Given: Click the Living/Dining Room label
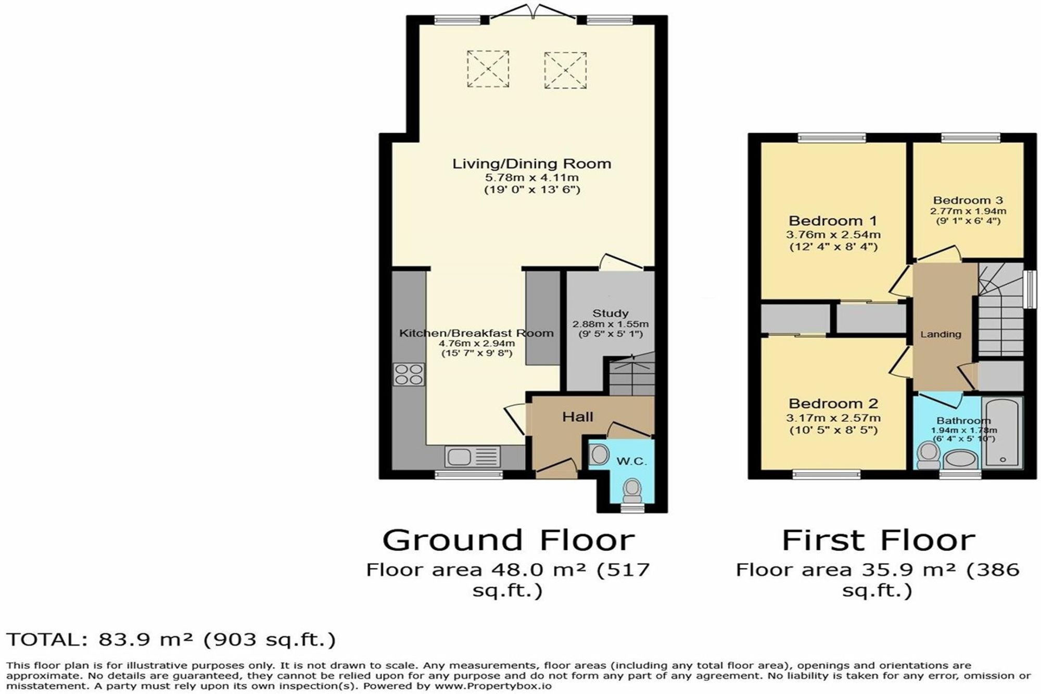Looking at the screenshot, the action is click(x=531, y=164).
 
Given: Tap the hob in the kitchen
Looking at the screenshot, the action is click(x=409, y=374).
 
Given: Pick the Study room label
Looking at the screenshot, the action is click(x=611, y=313).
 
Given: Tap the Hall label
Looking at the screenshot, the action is click(x=577, y=417).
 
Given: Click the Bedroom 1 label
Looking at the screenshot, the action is click(x=833, y=221).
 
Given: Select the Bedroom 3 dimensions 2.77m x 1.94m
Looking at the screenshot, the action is click(x=968, y=211).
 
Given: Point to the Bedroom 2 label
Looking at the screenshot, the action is click(x=833, y=403).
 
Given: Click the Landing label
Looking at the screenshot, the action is click(x=941, y=335).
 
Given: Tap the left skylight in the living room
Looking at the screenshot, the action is click(x=488, y=68).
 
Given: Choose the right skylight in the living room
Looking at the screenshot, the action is click(x=566, y=70).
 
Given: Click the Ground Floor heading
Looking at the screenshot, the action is click(x=509, y=540).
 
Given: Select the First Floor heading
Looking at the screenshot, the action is click(x=878, y=540).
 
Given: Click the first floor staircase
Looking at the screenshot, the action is click(x=1001, y=310).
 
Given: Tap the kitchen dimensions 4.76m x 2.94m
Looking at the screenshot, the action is click(x=477, y=344).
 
